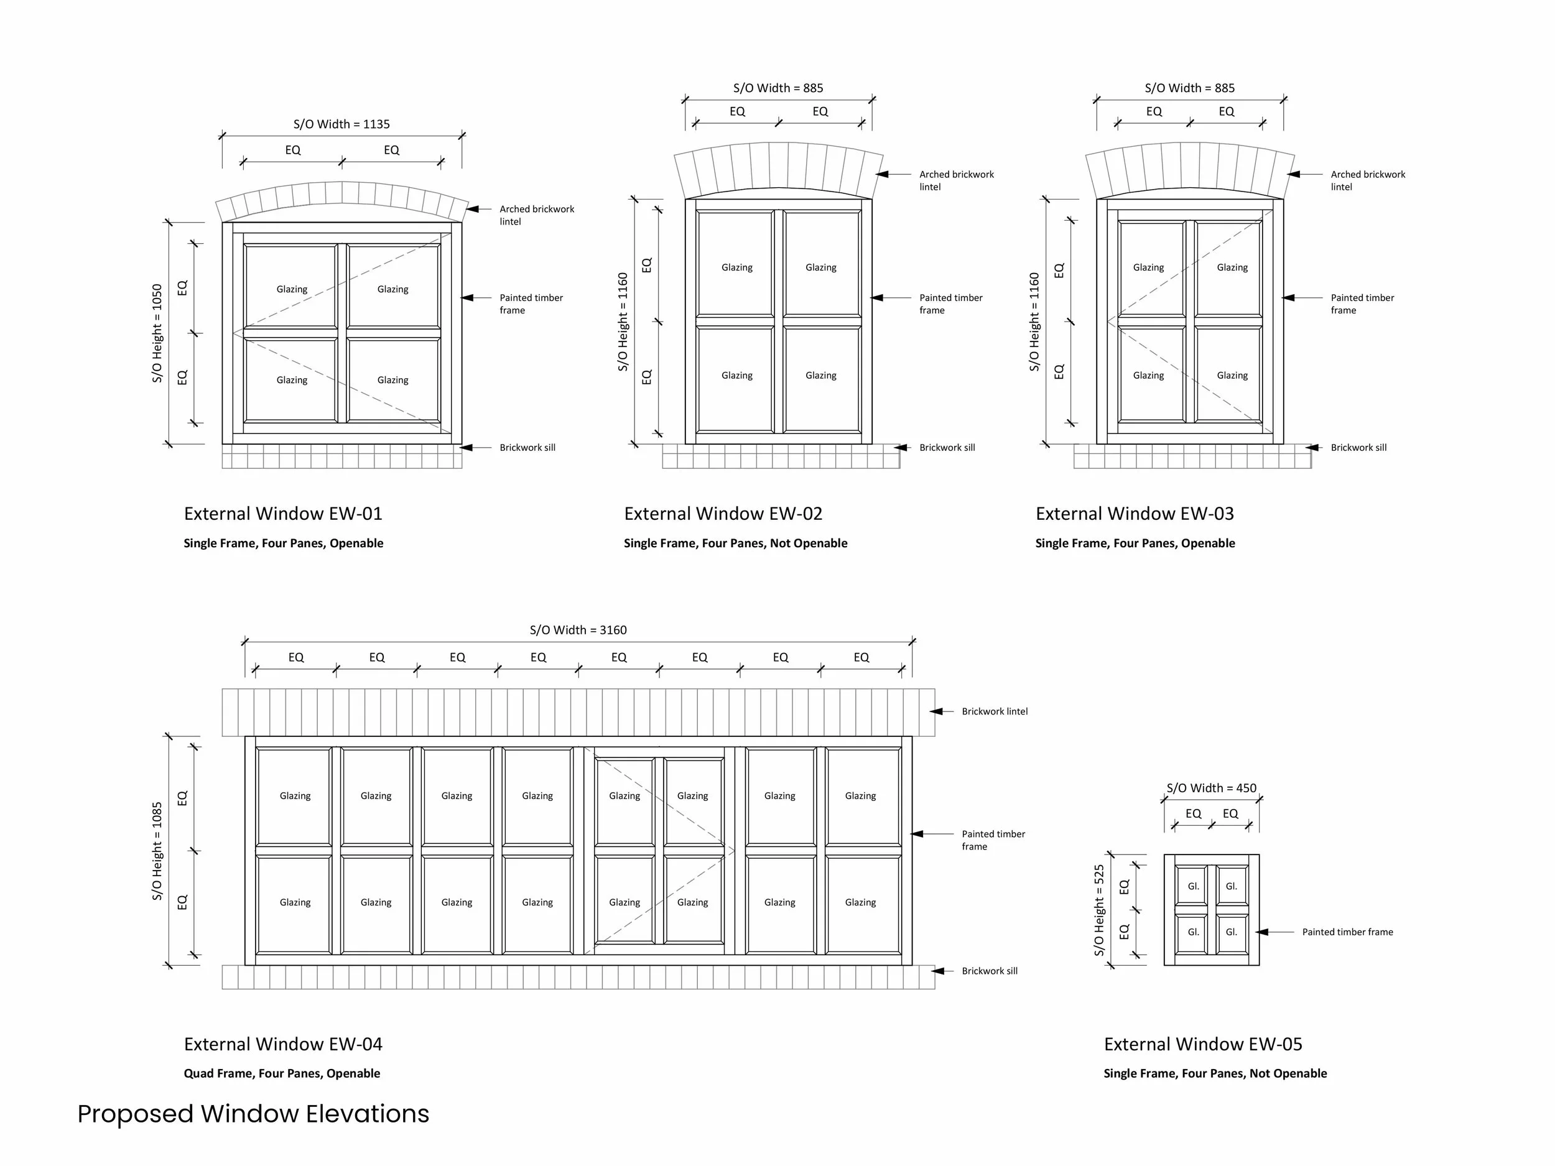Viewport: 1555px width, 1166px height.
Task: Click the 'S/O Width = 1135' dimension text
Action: tap(341, 124)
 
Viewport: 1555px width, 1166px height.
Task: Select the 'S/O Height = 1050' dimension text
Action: tap(157, 333)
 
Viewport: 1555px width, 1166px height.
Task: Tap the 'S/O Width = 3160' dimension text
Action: tap(578, 631)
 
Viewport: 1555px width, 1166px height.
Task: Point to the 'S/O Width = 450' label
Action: tap(1211, 788)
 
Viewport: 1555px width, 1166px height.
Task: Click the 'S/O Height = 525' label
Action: tap(1099, 910)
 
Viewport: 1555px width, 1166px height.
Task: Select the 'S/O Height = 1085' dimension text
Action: tap(157, 851)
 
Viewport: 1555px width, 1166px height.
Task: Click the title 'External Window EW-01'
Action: tap(283, 514)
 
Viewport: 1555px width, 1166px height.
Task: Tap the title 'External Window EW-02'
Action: tap(723, 514)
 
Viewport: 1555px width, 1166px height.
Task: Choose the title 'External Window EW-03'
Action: tap(1135, 514)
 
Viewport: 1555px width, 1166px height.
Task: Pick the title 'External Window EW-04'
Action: tap(283, 1044)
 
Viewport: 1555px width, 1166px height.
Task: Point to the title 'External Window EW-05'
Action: tap(1203, 1044)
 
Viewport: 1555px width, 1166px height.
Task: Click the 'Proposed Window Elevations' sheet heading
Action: tap(253, 1114)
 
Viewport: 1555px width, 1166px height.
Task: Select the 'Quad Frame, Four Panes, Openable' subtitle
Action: tap(282, 1073)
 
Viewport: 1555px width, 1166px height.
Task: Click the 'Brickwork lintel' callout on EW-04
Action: tap(994, 711)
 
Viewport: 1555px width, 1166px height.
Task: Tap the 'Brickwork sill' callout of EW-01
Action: tap(527, 448)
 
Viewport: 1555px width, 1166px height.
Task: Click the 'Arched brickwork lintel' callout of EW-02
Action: tap(956, 180)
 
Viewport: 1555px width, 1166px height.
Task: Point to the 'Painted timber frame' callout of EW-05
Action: tap(1347, 932)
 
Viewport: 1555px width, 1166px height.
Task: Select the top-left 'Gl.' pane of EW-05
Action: tap(1193, 886)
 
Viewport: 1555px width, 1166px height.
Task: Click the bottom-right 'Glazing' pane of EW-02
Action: tap(821, 376)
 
